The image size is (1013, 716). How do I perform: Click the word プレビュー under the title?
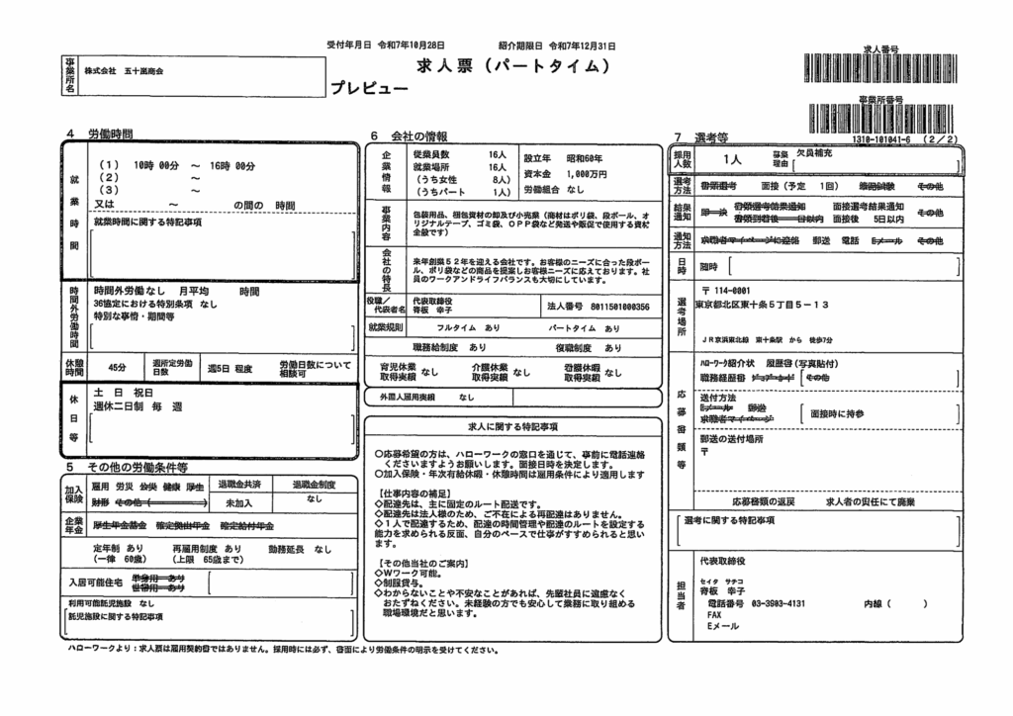(370, 88)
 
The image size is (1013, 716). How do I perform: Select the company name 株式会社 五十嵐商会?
(124, 72)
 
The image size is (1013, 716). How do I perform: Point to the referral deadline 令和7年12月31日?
(584, 45)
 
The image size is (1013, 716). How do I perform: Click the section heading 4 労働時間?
(100, 134)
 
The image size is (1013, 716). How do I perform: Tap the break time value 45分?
(117, 367)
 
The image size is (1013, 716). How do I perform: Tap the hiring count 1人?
(732, 159)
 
